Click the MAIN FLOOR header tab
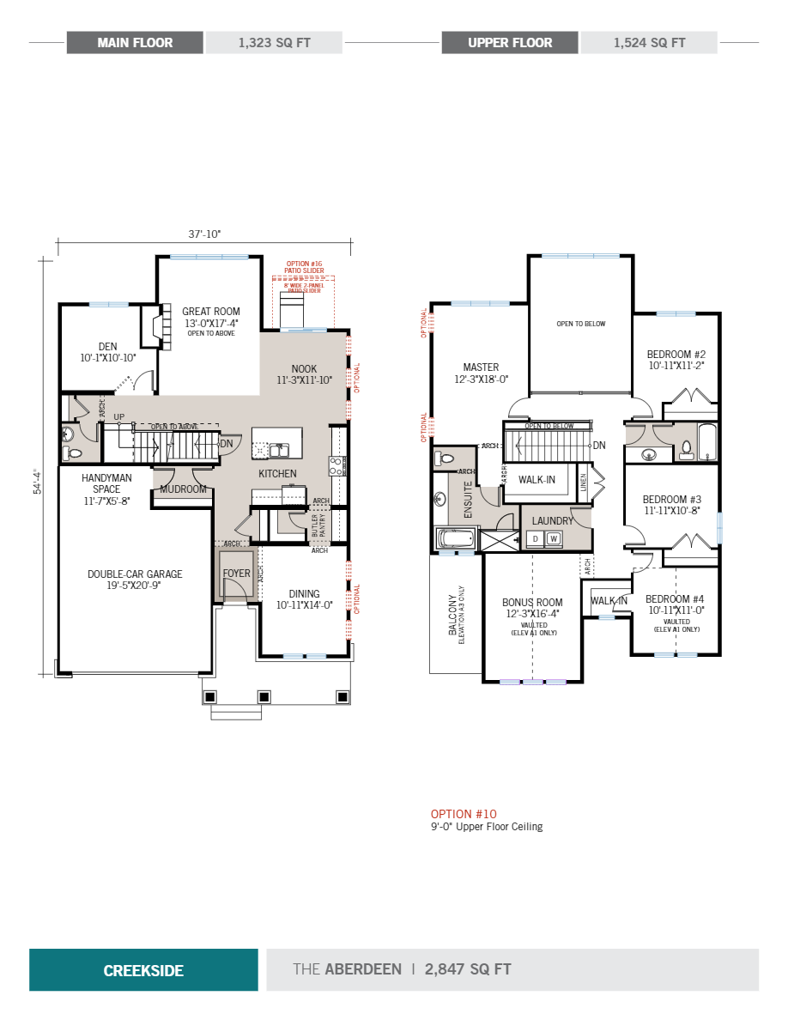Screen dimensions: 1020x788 click(135, 43)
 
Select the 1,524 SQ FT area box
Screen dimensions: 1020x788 click(649, 43)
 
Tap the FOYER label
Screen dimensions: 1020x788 click(236, 574)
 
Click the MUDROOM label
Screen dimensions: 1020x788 click(183, 489)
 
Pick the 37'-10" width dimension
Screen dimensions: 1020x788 click(205, 234)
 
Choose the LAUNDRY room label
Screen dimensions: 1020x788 click(552, 521)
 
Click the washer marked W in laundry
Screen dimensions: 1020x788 click(554, 538)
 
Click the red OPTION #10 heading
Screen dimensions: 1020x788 click(464, 814)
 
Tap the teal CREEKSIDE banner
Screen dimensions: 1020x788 click(143, 970)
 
